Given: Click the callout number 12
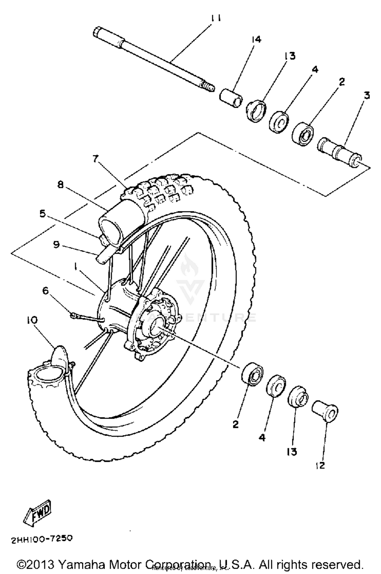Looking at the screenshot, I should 320,465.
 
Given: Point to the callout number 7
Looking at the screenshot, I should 95,159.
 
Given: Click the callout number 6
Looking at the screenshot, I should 45,291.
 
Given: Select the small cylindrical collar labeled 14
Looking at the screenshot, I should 230,98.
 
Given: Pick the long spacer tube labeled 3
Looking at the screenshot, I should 339,153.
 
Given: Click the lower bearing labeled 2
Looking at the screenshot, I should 252,373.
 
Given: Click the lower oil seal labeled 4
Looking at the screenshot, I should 275,385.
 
